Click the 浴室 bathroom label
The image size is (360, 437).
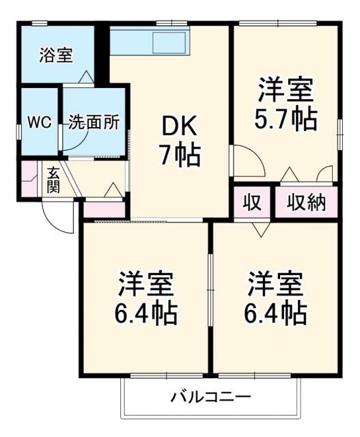point(55,55)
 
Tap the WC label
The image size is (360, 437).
point(39,123)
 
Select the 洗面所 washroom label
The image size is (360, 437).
point(94,123)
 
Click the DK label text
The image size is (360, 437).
point(179,127)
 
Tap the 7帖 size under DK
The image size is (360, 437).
point(180,156)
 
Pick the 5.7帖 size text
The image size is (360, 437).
point(286,119)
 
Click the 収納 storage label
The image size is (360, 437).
point(306,202)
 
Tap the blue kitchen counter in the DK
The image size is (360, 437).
point(148,42)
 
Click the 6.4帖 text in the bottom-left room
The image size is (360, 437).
point(146,313)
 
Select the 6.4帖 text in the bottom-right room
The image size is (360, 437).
point(275,313)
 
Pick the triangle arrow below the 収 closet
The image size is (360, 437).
point(259,229)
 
